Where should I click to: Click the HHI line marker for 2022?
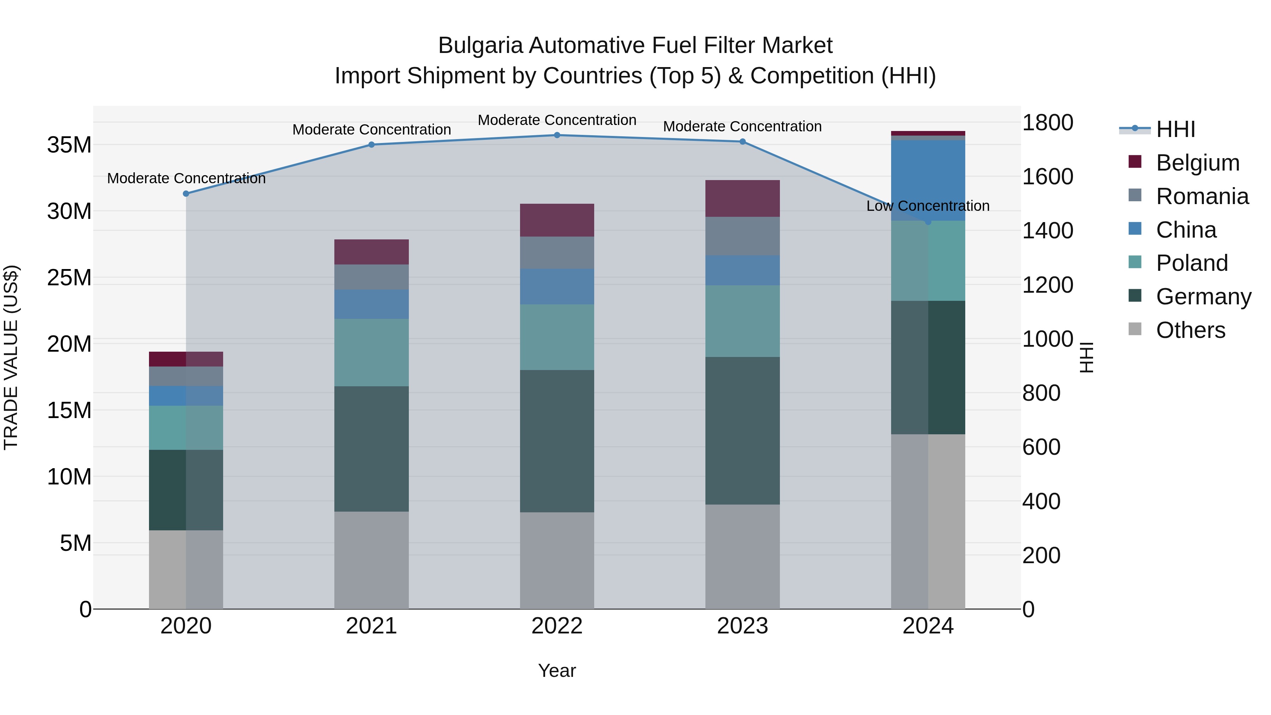557,135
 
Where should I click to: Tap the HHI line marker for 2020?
186,194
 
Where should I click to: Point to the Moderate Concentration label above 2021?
371,130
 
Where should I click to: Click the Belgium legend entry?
1198,163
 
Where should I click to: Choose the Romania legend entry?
1202,196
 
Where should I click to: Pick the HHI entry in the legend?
1175,129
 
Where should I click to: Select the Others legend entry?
1190,330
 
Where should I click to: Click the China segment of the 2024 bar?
928,180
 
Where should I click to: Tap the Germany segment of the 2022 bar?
557,441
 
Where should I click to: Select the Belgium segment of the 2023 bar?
742,198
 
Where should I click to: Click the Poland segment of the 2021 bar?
371,352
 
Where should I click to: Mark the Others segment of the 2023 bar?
742,556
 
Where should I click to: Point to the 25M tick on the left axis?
69,278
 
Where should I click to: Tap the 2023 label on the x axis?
742,626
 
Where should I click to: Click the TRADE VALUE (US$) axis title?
11,357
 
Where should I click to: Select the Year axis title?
557,671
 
